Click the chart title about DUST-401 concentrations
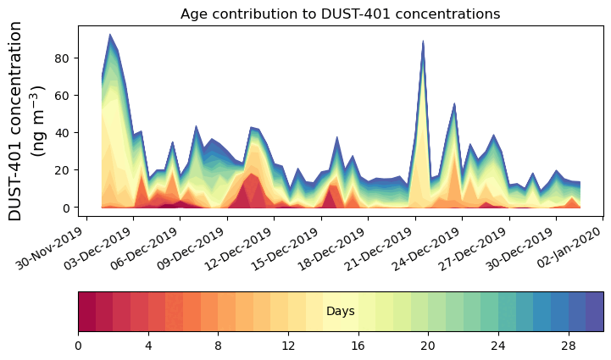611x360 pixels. click(x=340, y=14)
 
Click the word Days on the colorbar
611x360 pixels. click(x=341, y=312)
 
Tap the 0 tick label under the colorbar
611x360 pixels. click(x=78, y=346)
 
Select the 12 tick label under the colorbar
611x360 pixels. click(x=288, y=346)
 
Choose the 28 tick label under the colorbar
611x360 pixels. click(x=569, y=346)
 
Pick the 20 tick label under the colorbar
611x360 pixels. click(x=428, y=346)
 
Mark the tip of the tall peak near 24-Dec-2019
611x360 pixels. click(x=423, y=41)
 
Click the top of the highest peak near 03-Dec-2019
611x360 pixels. click(x=110, y=35)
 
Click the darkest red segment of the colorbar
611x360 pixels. click(x=86, y=311)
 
